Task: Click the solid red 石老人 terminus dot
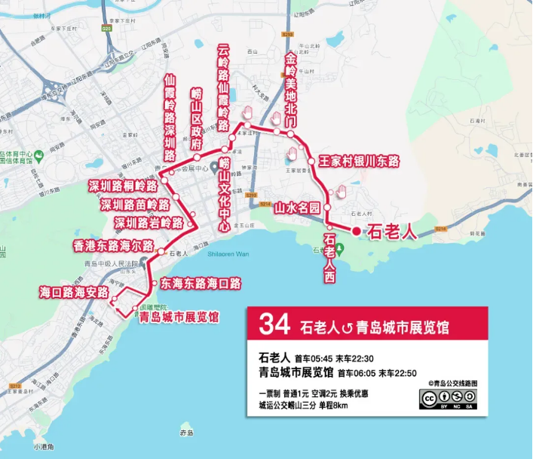click(356, 232)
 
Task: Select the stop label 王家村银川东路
click(358, 161)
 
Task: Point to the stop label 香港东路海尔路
click(113, 246)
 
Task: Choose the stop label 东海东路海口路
click(201, 284)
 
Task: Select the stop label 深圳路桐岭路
click(123, 186)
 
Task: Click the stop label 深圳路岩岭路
click(149, 223)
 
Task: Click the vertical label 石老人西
click(329, 259)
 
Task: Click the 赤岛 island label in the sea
click(187, 433)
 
